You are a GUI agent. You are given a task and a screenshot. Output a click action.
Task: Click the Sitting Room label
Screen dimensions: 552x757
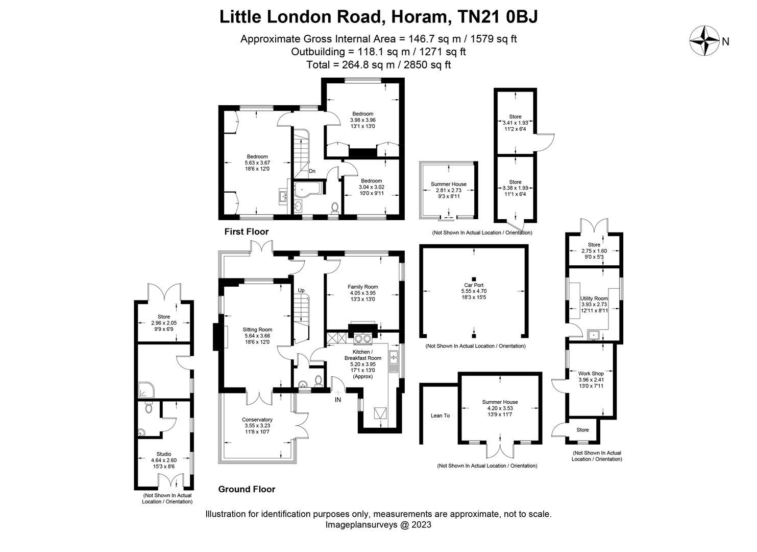point(257,330)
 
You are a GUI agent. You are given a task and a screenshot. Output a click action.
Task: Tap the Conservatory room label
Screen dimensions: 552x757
point(257,420)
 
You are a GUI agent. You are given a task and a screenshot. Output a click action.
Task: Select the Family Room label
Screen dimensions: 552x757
point(362,287)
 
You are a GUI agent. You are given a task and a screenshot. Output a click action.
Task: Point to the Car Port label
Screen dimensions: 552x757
point(473,285)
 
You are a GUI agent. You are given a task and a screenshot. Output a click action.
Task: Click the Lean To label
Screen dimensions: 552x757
point(440,416)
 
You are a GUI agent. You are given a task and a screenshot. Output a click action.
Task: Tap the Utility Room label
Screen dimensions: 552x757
point(594,298)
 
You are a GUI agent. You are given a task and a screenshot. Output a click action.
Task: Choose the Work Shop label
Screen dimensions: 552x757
point(591,374)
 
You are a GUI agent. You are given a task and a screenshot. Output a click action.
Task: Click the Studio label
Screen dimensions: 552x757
point(164,454)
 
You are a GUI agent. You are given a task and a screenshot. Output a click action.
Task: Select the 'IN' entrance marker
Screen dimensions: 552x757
point(337,400)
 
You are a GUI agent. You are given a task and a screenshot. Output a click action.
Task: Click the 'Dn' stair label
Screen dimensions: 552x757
point(312,171)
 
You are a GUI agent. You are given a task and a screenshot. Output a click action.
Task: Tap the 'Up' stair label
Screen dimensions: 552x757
point(301,290)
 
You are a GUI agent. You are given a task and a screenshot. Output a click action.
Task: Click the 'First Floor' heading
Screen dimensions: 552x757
point(246,232)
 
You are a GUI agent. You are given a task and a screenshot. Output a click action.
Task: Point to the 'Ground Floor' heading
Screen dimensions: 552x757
point(247,489)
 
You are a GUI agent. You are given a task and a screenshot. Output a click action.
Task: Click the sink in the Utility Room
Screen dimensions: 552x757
point(594,336)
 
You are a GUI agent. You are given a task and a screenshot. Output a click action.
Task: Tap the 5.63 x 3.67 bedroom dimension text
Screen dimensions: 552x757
point(257,163)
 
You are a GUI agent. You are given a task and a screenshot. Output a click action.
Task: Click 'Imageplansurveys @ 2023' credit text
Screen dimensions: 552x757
point(378,525)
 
